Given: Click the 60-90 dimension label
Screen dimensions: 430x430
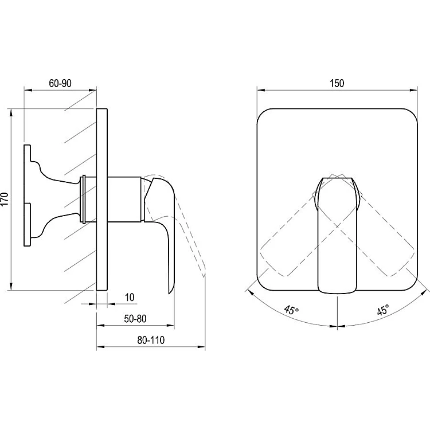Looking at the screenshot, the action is [x=60, y=83].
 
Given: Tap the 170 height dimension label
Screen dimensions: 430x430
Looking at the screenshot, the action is [x=5, y=199].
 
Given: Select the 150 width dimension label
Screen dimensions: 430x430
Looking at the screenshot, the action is [x=337, y=83].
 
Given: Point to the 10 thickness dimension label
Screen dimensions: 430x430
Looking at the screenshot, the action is [x=130, y=297].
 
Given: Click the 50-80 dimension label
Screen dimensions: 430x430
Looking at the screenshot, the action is [x=135, y=319].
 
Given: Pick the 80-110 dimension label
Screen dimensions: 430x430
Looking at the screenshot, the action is [x=151, y=340].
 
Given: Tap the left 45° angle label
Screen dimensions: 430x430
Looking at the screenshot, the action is [x=291, y=310].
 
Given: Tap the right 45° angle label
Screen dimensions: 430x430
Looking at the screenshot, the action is [x=383, y=310].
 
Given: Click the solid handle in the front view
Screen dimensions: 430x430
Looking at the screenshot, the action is [x=337, y=235].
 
